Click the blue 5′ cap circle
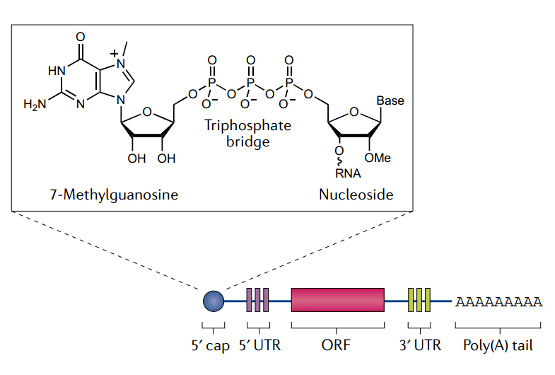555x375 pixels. click(213, 301)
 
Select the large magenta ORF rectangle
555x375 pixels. click(337, 300)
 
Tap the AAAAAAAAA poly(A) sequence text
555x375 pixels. click(498, 302)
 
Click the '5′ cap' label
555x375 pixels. click(213, 346)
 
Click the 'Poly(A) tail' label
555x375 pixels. click(498, 346)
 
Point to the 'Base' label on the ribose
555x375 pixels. click(390, 100)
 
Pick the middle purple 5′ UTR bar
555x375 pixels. click(257, 300)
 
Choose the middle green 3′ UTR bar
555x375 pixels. click(419, 300)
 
